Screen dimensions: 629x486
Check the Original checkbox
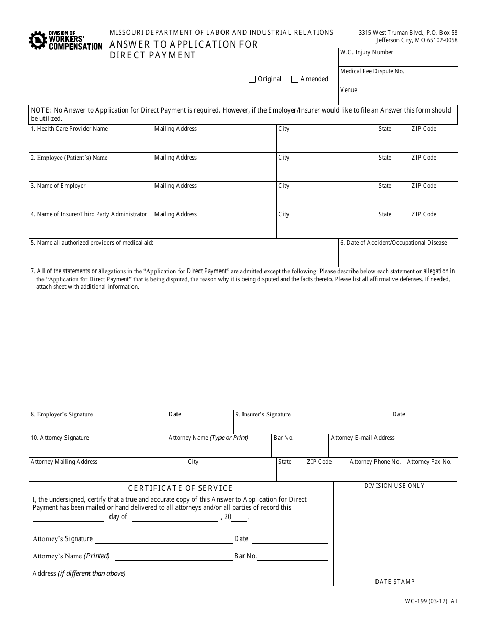pos(252,79)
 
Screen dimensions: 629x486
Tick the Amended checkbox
pos(295,79)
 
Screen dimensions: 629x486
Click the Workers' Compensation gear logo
pos(37,40)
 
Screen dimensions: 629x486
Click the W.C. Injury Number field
pos(398,59)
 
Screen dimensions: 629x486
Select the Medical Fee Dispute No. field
pos(398,79)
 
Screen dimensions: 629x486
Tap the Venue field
pos(398,97)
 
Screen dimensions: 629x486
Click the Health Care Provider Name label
pos(69,129)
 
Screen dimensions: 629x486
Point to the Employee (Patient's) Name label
pos(69,158)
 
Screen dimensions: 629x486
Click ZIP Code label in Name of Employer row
pos(424,186)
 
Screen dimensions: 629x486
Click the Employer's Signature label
pos(61,414)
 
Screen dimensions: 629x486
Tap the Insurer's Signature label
pos(262,414)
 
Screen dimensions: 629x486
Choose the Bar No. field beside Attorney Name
pos(299,448)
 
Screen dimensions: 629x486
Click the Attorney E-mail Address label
pos(363,438)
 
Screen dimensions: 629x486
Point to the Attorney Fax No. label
pos(429,462)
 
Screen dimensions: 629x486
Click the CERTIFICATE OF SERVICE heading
pos(180,488)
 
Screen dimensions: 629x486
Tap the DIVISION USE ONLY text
pos(394,486)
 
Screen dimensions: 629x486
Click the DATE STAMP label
pos(395,581)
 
